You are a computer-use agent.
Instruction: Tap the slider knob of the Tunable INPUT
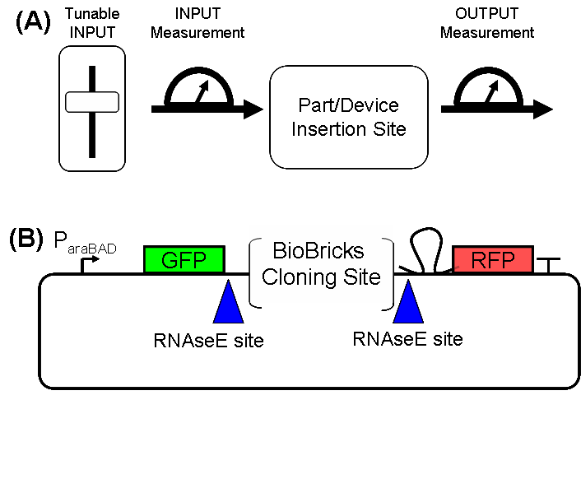tap(92, 103)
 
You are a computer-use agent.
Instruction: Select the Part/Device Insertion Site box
tap(349, 117)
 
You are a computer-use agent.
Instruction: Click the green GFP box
tap(184, 260)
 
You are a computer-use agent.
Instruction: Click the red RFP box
tap(492, 260)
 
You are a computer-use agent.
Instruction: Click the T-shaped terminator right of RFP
tap(548, 265)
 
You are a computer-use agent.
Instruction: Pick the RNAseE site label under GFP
tap(209, 340)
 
